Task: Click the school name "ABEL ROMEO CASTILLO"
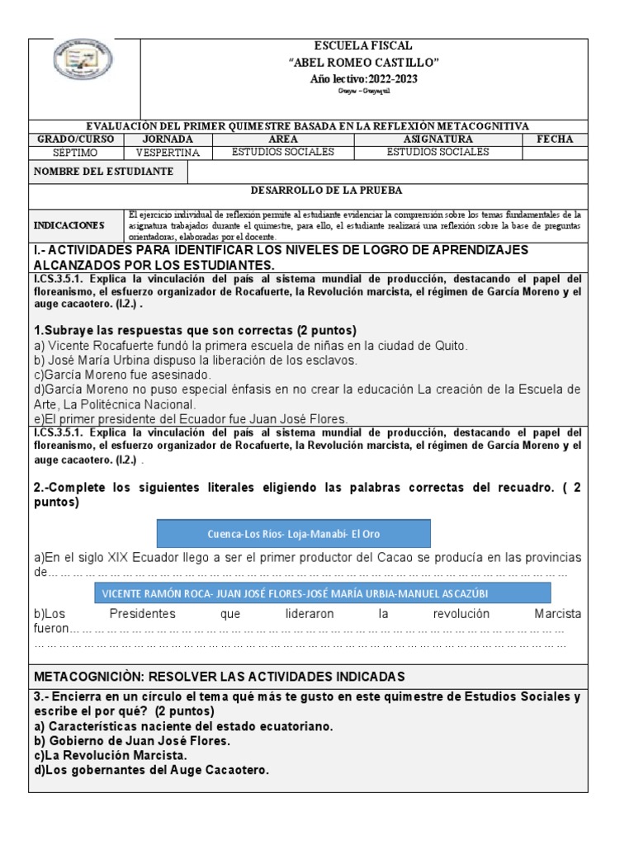(362, 63)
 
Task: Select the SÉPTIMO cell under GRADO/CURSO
(76, 152)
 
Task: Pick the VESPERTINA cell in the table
(168, 152)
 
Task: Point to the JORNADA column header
(168, 139)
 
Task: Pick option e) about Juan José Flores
(192, 418)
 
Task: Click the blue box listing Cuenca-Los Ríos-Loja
(293, 532)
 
